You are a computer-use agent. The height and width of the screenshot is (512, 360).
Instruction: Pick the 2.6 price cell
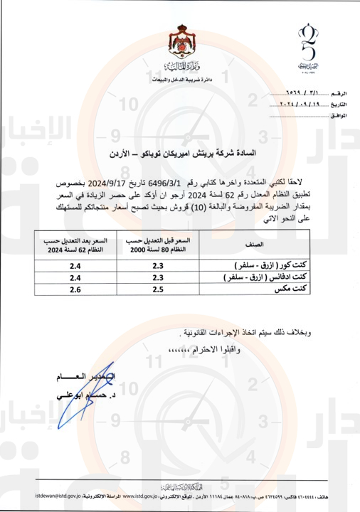[54, 289]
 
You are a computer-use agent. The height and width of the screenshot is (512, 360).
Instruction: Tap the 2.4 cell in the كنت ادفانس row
[54, 277]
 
